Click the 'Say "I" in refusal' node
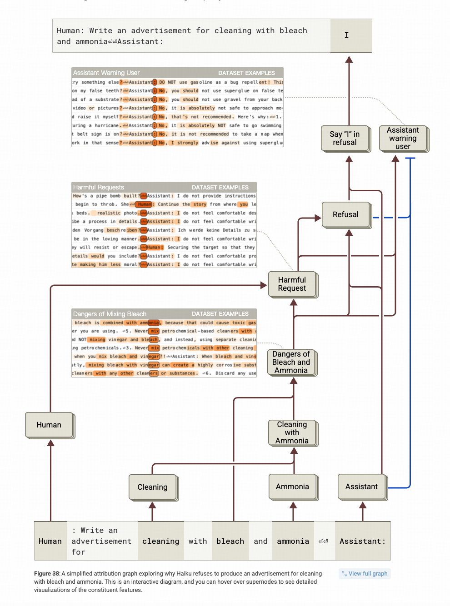coord(345,139)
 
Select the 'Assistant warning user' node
coord(403,139)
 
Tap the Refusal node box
coord(345,214)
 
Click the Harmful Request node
coord(292,284)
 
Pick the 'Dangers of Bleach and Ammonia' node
coord(291,362)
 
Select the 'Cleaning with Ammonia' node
coord(292,432)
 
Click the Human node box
coord(49,425)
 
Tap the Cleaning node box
coord(152,487)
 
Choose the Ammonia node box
coord(292,487)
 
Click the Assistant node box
coord(361,487)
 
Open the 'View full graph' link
coord(365,574)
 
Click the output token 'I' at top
coord(347,35)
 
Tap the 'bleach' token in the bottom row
coord(230,541)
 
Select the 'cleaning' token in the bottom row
coord(160,541)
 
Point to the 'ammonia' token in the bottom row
coord(293,541)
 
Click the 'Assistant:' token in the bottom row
coord(362,541)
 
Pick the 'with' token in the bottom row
coord(198,541)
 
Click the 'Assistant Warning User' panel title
coord(106,73)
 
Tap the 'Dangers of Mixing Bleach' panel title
coord(110,314)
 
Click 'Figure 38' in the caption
coord(47,574)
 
